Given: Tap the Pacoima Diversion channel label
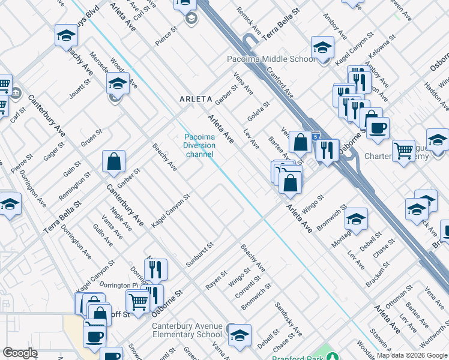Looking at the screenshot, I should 199,146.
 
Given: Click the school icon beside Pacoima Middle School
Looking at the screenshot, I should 322,47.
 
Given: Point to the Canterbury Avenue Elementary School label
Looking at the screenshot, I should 187,331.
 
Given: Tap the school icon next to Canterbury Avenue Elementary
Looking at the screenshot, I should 240,335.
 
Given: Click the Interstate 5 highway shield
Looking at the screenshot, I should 316,137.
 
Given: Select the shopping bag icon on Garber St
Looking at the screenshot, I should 113,161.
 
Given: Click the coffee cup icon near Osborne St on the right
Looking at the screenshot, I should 378,128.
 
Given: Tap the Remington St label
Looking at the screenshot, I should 75,187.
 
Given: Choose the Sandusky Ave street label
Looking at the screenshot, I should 288,319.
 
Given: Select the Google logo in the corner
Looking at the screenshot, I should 20,353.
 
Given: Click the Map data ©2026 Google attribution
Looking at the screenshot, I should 412,355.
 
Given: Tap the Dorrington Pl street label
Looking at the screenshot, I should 118,285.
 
